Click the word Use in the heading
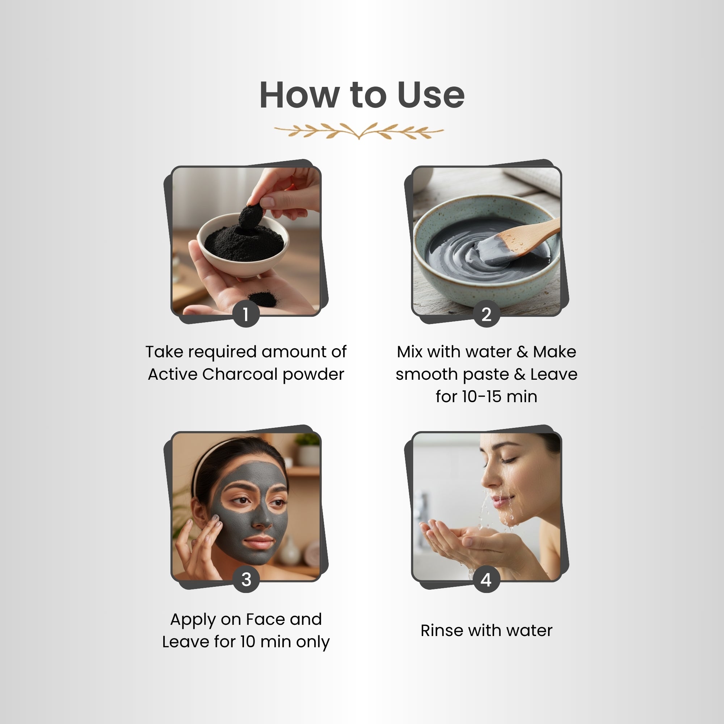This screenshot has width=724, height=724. [x=430, y=95]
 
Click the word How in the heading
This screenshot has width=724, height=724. [x=299, y=95]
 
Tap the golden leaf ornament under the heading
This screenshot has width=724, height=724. [x=359, y=131]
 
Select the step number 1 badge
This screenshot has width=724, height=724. [x=246, y=314]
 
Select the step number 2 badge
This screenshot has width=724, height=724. [x=486, y=314]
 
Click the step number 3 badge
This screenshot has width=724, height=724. [x=246, y=579]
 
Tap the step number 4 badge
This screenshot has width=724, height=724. [x=486, y=579]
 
